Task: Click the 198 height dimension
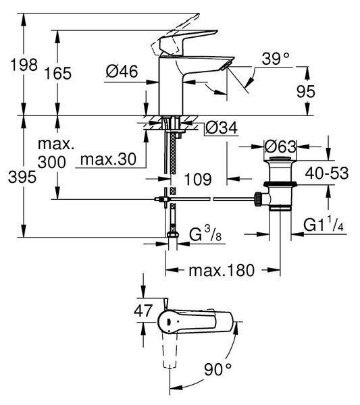[x=24, y=65]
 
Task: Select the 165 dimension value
[x=57, y=74]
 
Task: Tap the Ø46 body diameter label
[x=122, y=72]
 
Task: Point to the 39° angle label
[x=276, y=59]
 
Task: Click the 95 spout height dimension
[x=306, y=91]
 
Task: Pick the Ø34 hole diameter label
[x=222, y=128]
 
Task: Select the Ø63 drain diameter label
[x=280, y=146]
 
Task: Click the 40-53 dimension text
[x=327, y=173]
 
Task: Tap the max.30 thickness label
[x=108, y=159]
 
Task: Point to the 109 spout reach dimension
[x=198, y=180]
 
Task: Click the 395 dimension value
[x=22, y=178]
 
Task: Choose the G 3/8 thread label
[x=205, y=234]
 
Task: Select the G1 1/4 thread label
[x=324, y=225]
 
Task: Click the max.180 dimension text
[x=222, y=271]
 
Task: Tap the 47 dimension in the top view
[x=143, y=310]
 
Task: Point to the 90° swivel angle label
[x=218, y=369]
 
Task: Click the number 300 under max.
[x=52, y=163]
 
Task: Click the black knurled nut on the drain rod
[x=258, y=199]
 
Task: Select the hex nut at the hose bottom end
[x=172, y=235]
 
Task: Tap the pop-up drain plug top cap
[x=280, y=158]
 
